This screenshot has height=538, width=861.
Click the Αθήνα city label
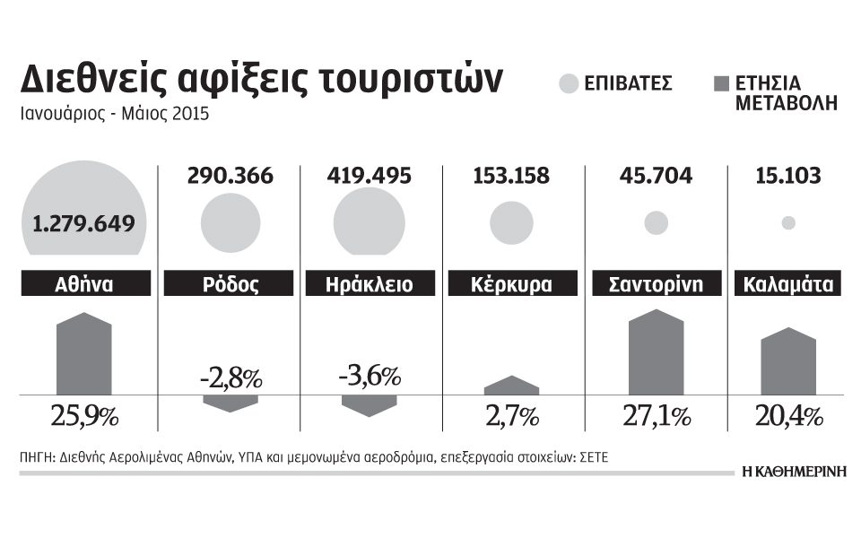pos(84,285)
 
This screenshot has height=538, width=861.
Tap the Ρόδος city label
pos(224,285)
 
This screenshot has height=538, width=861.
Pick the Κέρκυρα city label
pos(511,285)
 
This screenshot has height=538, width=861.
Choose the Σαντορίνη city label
pos(656,285)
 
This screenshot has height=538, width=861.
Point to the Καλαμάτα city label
pos(788,285)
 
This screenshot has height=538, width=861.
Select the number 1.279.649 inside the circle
pos(84,222)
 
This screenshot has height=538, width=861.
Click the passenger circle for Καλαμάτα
pos(788,223)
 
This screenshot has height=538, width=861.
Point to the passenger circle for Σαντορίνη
pos(656,222)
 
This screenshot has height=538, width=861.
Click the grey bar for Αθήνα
pos(84,354)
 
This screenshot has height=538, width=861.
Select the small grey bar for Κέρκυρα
pos(511,386)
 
